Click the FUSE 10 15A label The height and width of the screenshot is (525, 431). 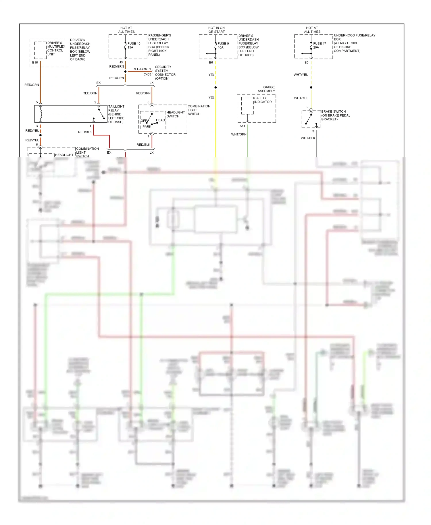(134, 45)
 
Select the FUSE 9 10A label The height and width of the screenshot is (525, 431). (223, 45)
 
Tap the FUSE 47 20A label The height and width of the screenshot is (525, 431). (319, 45)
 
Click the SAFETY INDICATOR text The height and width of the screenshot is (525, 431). (263, 100)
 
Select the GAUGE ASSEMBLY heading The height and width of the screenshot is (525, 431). (266, 89)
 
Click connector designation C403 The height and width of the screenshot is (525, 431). (147, 74)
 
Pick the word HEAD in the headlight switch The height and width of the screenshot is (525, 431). (160, 120)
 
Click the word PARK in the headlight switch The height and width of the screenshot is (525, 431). (147, 127)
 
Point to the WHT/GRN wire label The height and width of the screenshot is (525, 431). (239, 134)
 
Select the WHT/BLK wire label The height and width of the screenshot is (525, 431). (308, 138)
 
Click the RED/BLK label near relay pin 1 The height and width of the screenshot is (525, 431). (85, 132)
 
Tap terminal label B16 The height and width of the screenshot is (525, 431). (35, 62)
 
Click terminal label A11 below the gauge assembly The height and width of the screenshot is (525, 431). (242, 126)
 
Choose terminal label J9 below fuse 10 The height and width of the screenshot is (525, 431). (121, 62)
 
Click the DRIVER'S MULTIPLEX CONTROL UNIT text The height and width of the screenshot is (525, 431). (56, 49)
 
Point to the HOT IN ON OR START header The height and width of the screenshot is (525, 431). (216, 30)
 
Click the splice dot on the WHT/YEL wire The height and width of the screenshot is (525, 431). (311, 87)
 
